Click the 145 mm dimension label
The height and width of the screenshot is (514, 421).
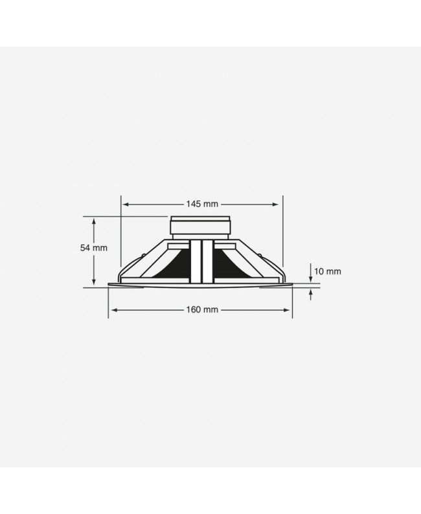[201, 204]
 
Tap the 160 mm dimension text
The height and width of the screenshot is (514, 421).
[201, 310]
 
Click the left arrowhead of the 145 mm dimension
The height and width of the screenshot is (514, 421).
[124, 204]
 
